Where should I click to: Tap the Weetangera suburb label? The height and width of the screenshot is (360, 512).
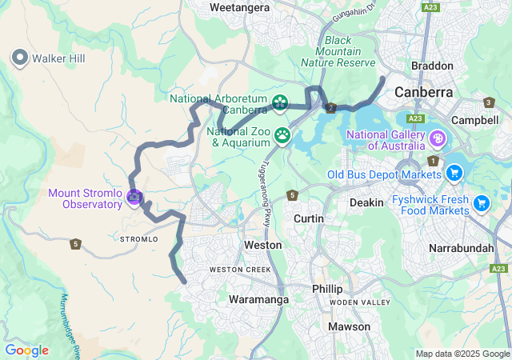[x=238, y=7]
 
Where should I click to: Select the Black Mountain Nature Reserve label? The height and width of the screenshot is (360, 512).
[x=338, y=51]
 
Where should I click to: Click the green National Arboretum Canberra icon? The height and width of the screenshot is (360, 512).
[x=280, y=102]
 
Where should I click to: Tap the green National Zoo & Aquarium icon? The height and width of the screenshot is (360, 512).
[x=282, y=134]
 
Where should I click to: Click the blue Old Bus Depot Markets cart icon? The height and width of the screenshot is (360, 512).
[x=454, y=173]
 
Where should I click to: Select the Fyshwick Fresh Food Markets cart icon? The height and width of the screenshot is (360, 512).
[x=481, y=203]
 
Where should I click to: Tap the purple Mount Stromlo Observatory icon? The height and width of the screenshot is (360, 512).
[x=134, y=196]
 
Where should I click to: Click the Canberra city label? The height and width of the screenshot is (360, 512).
[x=423, y=92]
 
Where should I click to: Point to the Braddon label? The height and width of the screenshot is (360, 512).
[x=432, y=66]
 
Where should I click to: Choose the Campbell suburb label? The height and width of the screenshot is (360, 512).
[x=475, y=120]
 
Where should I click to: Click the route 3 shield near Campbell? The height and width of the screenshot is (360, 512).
[x=489, y=102]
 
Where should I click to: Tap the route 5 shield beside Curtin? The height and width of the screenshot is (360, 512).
[x=293, y=195]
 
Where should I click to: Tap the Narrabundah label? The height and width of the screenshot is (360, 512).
[x=462, y=248]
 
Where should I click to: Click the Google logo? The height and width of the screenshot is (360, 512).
[x=26, y=350]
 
